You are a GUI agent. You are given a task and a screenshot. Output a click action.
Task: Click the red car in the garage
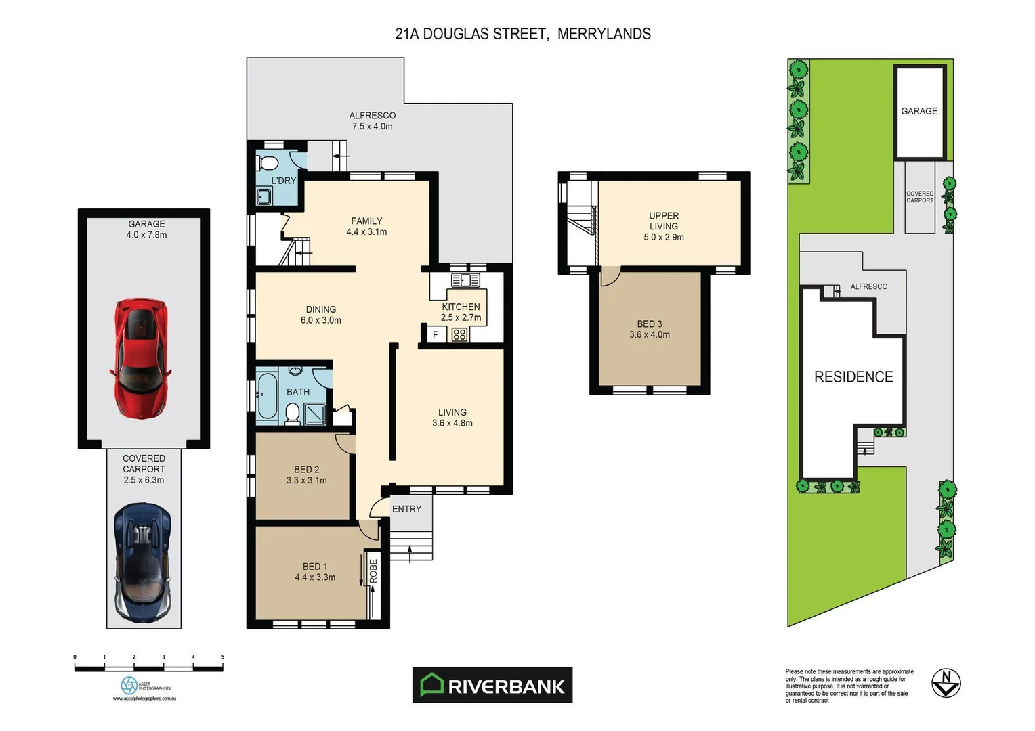click(x=141, y=358)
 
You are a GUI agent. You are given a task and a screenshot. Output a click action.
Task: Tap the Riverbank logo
click(x=492, y=685)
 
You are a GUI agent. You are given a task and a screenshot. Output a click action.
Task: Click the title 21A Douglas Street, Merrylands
click(x=523, y=34)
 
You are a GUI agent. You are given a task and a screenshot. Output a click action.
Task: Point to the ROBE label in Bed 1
click(x=373, y=571)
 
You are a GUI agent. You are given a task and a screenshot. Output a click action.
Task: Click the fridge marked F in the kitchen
click(x=436, y=334)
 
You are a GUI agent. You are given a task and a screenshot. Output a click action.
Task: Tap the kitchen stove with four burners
click(x=459, y=334)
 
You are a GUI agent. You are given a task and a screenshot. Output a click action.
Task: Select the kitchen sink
click(x=465, y=280)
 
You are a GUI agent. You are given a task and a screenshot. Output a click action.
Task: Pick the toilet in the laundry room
click(x=268, y=163)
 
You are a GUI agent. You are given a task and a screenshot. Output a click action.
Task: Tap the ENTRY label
click(x=406, y=509)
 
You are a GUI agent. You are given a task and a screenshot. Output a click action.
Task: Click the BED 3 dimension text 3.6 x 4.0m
click(x=649, y=334)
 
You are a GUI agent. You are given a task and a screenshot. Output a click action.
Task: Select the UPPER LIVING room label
click(x=663, y=221)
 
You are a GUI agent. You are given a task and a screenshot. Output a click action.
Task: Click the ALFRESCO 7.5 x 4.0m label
click(x=372, y=121)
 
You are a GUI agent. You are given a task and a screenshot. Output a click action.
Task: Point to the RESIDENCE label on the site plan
click(x=853, y=377)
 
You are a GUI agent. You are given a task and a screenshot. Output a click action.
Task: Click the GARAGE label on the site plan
click(x=918, y=111)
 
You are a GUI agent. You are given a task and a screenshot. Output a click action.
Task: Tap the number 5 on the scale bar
click(x=222, y=657)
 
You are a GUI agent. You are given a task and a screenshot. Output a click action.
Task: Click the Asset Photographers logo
click(x=129, y=685)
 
